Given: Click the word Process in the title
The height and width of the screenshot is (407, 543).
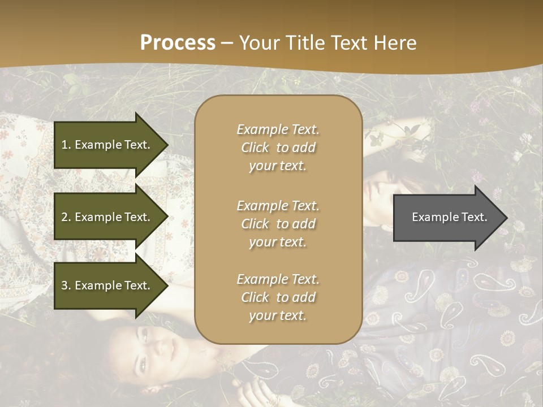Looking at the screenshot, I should point(178,43).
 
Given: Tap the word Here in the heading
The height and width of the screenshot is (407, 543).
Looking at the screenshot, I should point(395,43).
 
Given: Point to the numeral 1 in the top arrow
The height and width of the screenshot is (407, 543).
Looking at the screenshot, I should point(64,145).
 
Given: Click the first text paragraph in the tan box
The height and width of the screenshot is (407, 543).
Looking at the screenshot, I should point(278,148).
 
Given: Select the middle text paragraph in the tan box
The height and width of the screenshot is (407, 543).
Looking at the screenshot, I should point(278,224).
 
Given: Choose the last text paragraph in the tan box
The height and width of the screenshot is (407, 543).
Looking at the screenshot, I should point(278,297).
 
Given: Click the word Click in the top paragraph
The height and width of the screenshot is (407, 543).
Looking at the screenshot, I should point(255,148).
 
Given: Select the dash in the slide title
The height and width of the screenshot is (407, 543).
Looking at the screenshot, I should point(227,43).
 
